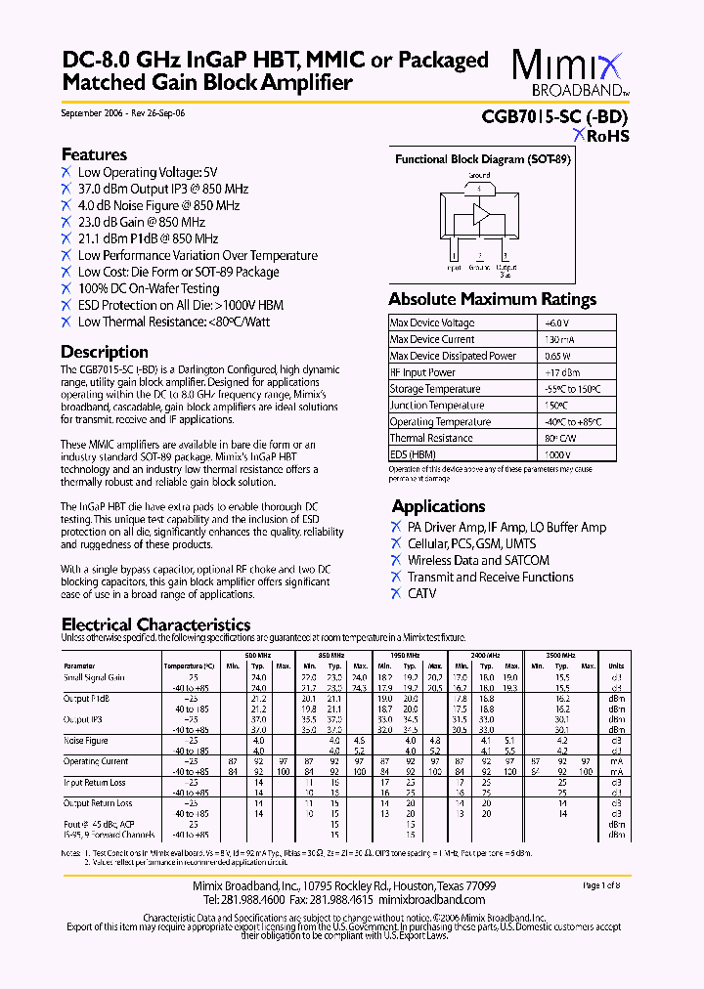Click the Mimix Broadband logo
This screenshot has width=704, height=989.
[x=569, y=73]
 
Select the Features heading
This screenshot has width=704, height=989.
[x=94, y=154]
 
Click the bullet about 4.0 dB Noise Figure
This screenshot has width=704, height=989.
[x=158, y=205]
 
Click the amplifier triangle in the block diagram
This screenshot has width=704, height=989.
[x=480, y=216]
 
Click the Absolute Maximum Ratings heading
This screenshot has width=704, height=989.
[x=492, y=299]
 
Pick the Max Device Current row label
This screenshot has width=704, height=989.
[x=432, y=339]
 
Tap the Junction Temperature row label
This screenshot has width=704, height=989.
[x=436, y=406]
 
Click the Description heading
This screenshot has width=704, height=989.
[x=105, y=352]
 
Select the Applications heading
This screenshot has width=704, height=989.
[x=438, y=506]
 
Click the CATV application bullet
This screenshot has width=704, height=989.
[x=422, y=593]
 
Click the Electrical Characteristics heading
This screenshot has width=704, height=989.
[x=156, y=624]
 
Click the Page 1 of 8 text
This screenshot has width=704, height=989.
[x=607, y=885]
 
